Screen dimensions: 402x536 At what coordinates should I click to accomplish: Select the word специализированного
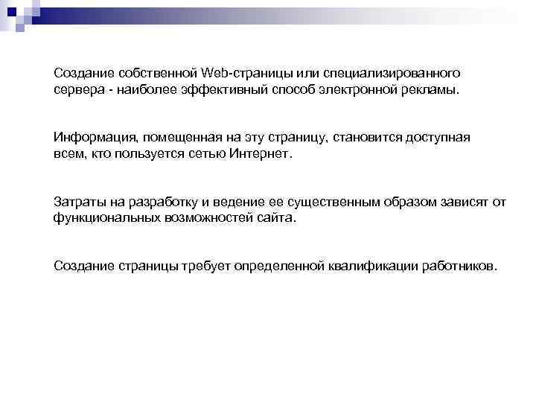coord(398,73)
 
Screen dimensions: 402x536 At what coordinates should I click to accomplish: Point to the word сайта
coord(275,219)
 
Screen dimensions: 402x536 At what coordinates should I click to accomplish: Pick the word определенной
coord(278,267)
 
